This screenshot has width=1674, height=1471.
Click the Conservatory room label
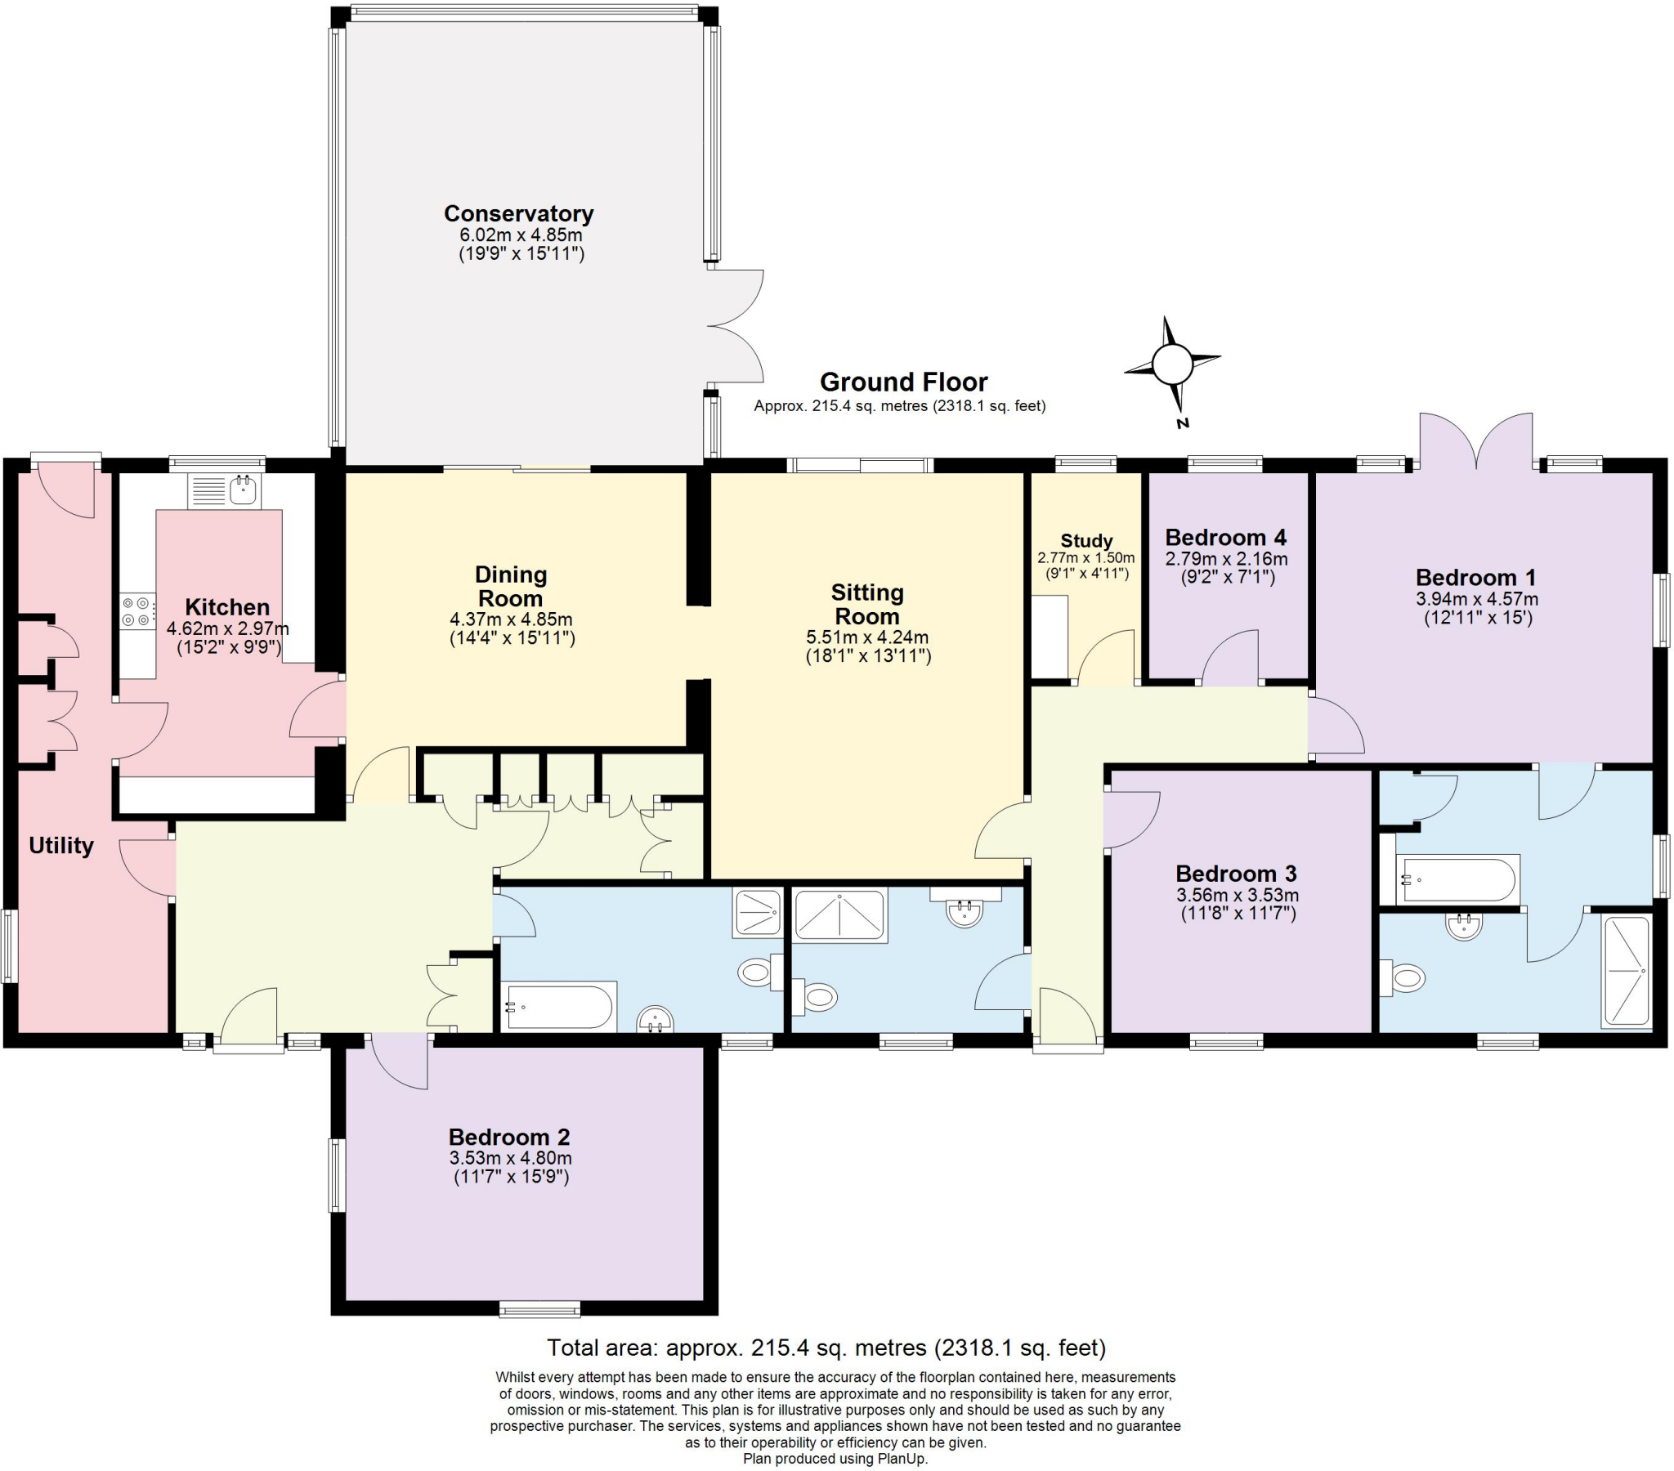[517, 214]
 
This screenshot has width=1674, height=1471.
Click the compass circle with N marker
[1171, 364]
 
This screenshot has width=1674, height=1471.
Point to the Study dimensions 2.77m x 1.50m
[1086, 558]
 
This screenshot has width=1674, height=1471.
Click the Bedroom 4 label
[1225, 537]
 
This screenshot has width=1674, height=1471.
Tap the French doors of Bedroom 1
[1476, 443]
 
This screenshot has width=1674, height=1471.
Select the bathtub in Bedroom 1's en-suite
[1457, 879]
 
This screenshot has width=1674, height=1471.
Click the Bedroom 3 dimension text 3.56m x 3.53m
[1237, 895]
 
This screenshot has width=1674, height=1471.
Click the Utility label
[61, 845]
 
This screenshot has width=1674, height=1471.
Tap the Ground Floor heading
[903, 382]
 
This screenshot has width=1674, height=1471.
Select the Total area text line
[826, 1348]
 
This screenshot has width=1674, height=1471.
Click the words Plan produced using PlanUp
[835, 1459]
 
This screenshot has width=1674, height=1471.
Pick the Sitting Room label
[866, 604]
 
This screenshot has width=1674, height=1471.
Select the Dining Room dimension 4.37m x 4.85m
[510, 619]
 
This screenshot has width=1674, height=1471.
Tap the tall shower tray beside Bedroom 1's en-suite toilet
[1627, 972]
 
